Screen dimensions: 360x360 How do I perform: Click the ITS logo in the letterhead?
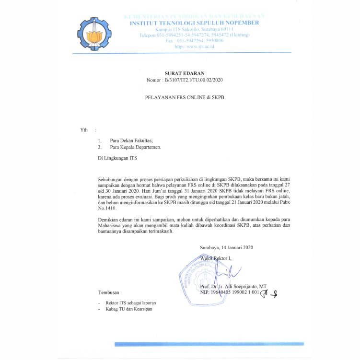click(94, 34)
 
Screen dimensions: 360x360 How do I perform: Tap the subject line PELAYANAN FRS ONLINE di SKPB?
click(185, 97)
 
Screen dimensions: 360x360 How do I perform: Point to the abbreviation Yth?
click(84, 130)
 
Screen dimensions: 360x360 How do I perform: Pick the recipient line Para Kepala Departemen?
click(136, 147)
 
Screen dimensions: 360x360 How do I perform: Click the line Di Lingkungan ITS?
click(117, 158)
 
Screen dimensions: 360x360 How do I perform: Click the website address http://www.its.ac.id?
click(194, 46)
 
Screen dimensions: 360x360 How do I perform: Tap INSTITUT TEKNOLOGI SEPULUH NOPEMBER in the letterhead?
click(194, 23)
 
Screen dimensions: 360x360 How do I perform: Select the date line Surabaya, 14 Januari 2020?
click(226, 247)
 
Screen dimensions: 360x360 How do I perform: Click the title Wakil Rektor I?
click(216, 258)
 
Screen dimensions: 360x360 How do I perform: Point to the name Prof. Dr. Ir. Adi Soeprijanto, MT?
click(234, 286)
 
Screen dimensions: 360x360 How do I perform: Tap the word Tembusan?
click(110, 292)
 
